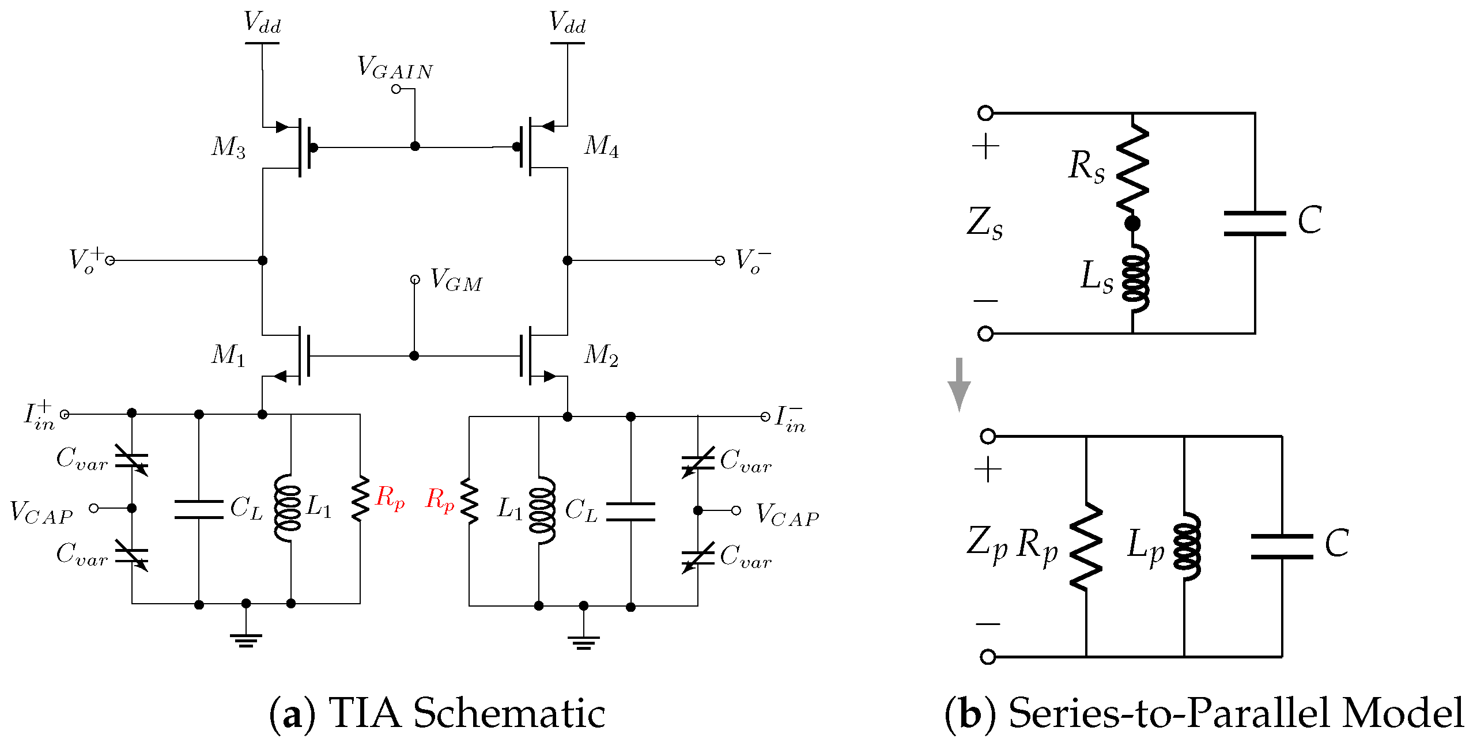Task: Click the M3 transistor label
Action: point(229,147)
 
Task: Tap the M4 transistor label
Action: point(602,146)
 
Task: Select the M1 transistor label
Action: point(229,355)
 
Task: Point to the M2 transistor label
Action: point(602,355)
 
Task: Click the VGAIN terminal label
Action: point(395,67)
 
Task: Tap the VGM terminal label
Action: point(456,281)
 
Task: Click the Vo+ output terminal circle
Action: point(110,261)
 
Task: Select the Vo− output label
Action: point(753,260)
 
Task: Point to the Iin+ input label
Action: point(39,415)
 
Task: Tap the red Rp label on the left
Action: point(390,498)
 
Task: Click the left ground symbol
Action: point(246,641)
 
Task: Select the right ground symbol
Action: point(584,643)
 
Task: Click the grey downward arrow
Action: point(959,384)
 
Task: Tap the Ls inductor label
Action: point(1097,277)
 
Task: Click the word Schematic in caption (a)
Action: point(509,714)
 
